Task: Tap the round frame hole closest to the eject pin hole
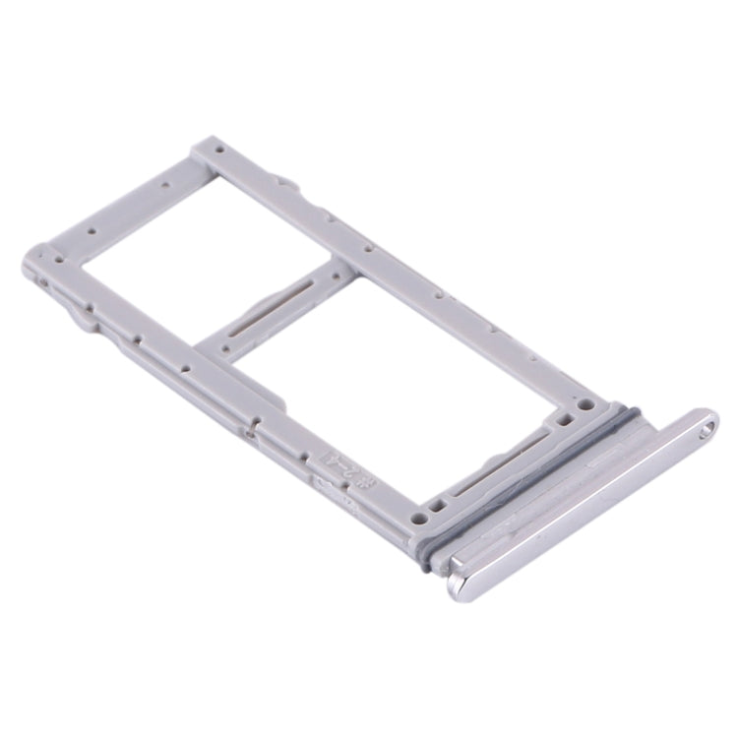(x=586, y=403)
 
